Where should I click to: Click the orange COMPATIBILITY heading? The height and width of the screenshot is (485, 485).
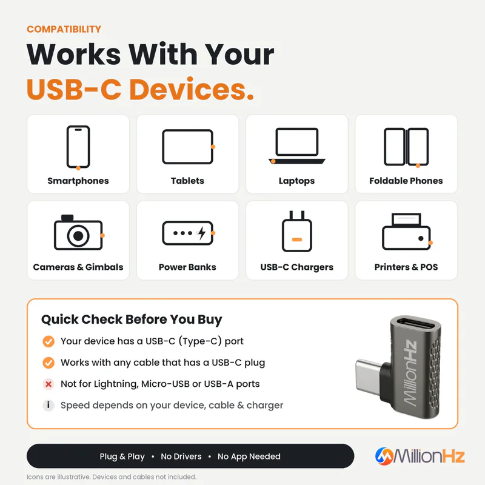64,29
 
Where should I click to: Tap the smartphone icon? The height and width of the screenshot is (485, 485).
78,147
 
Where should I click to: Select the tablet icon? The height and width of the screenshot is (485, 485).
189,147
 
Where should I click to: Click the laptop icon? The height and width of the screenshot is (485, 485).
297,145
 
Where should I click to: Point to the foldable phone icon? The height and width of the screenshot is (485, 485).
406,147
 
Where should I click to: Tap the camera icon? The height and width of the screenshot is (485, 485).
79,232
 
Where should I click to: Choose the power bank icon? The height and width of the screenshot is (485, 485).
189,233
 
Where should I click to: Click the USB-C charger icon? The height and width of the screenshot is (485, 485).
297,232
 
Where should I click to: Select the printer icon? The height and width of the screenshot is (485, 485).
407,232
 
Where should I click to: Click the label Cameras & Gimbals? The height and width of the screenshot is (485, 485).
78,267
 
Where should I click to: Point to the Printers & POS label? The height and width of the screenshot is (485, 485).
406,267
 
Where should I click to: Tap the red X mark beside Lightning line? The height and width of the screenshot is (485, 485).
48,384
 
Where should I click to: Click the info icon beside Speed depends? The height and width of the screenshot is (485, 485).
48,405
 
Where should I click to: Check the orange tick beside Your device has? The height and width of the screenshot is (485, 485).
48,341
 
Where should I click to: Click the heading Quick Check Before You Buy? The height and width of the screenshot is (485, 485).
132,319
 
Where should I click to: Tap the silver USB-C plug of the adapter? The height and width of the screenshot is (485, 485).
369,375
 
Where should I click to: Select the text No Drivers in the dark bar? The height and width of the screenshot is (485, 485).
181,457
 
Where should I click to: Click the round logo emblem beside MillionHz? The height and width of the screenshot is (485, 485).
384,457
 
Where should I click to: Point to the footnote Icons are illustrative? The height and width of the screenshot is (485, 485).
112,477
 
